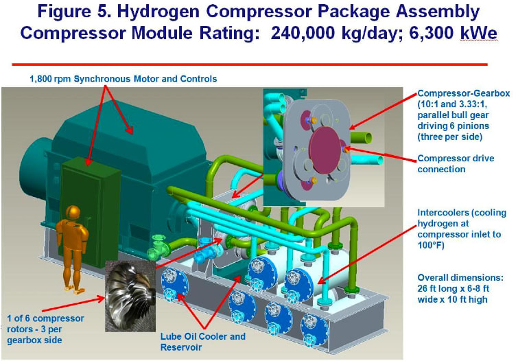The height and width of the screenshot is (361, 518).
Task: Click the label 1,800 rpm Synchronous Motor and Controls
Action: (x=123, y=79)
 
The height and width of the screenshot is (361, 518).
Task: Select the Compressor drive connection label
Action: (x=457, y=163)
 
